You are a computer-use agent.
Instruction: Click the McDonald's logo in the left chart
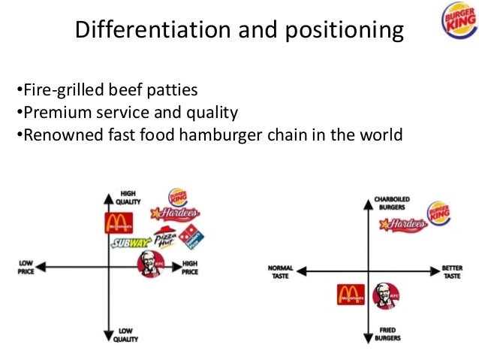click(x=119, y=222)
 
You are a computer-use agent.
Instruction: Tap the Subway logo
click(x=131, y=243)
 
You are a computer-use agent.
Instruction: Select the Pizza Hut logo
click(x=167, y=238)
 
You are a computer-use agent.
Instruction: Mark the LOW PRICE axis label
click(x=26, y=267)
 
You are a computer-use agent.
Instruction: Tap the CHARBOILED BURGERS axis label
click(x=392, y=204)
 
